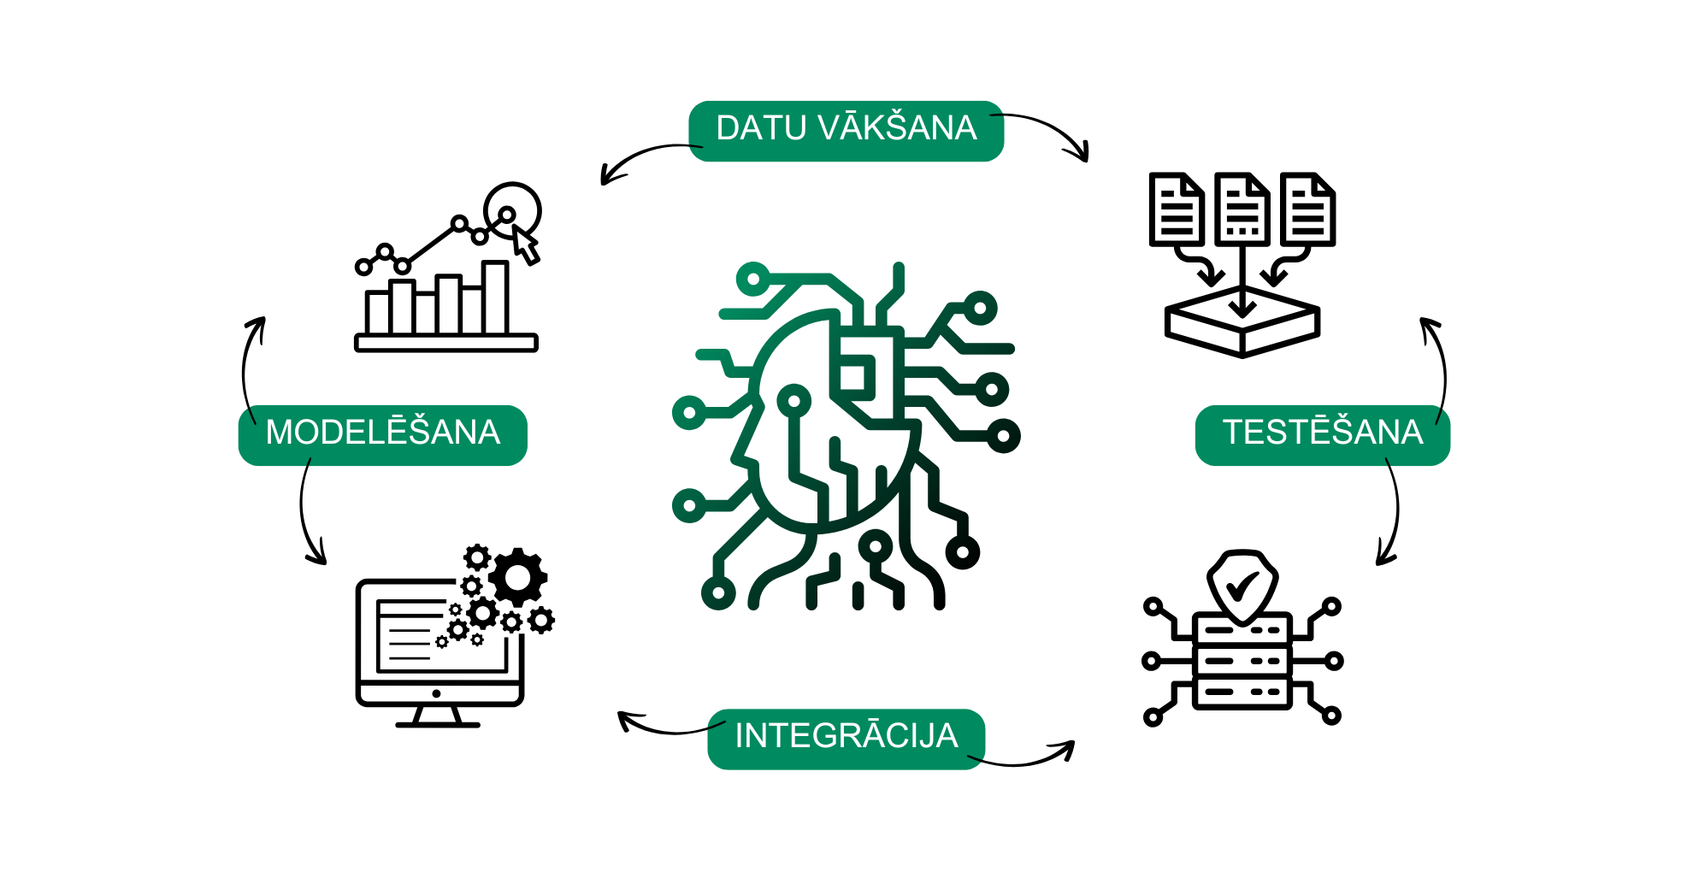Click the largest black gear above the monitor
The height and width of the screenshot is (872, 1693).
(518, 578)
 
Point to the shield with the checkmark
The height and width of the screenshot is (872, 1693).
(1242, 586)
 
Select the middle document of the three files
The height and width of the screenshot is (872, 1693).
(1242, 209)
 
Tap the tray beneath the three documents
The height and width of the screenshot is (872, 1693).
(1242, 323)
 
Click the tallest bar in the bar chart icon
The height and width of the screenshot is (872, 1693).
(495, 297)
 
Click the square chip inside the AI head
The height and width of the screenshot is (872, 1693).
(857, 376)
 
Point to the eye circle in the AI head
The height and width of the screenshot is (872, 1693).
(794, 400)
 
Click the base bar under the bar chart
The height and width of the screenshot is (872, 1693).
(446, 343)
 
